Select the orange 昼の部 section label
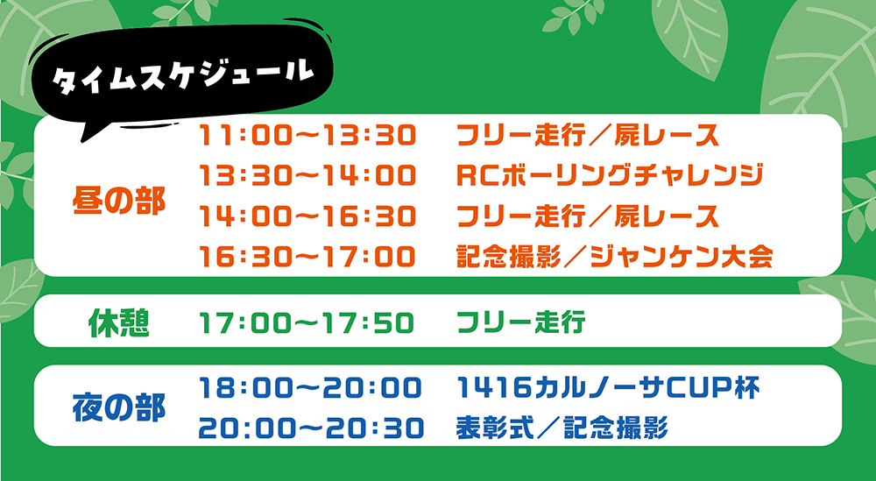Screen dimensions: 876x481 [x=119, y=202]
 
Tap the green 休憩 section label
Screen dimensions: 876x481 [x=119, y=323]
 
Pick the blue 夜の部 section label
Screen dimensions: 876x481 [x=119, y=408]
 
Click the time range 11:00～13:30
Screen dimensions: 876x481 [x=307, y=136]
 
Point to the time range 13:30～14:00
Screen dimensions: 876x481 [x=307, y=176]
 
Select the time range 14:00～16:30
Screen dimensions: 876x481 [x=307, y=216]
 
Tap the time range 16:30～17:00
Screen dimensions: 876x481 [x=307, y=257]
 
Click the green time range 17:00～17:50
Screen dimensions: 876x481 [x=307, y=323]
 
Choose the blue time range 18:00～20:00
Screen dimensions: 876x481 [x=311, y=388]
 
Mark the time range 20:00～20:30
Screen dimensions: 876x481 [x=311, y=428]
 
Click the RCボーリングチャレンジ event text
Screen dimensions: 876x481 [x=610, y=176]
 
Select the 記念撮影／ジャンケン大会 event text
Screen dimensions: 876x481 [x=615, y=257]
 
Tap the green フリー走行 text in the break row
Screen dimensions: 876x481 [x=520, y=323]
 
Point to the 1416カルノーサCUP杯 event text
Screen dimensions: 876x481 [x=608, y=388]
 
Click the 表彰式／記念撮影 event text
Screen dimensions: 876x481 [x=562, y=428]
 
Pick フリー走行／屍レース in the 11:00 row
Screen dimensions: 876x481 [x=588, y=136]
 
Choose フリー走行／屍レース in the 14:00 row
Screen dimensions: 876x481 [x=588, y=216]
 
